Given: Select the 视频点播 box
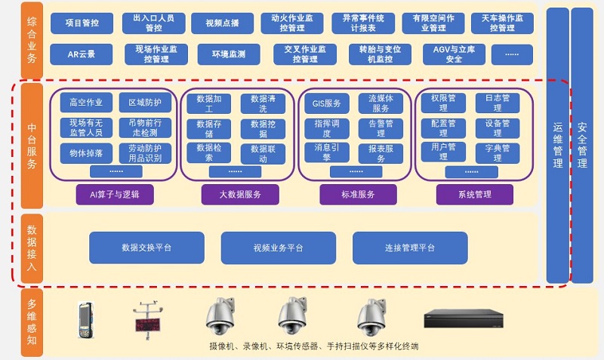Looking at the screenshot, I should point(222,23).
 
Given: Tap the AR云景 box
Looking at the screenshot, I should point(82,54).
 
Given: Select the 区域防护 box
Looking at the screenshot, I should point(145,102).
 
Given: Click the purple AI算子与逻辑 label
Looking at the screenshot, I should point(116,195).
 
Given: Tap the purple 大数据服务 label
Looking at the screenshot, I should point(241,195).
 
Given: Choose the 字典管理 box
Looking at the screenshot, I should point(498,152).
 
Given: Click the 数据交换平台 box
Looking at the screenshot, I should point(146,248).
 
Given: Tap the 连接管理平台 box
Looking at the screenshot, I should point(409,248).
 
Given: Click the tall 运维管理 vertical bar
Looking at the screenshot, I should point(556,143).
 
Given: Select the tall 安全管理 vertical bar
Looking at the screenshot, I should point(582,143).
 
